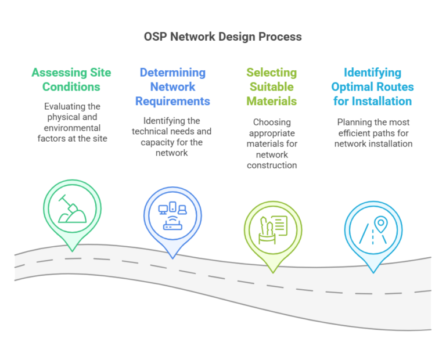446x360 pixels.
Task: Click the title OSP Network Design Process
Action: (x=223, y=37)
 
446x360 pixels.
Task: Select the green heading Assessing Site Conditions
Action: (x=71, y=80)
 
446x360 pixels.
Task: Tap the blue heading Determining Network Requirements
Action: (x=172, y=87)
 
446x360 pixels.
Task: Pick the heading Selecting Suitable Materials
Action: (x=271, y=87)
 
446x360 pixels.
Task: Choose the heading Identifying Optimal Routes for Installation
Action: (x=372, y=87)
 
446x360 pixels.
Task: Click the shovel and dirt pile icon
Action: (x=71, y=208)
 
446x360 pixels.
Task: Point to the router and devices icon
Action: (x=172, y=216)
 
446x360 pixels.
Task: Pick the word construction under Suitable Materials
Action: (x=272, y=165)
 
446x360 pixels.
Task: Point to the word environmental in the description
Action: (x=72, y=128)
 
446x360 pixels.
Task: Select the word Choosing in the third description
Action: (x=272, y=123)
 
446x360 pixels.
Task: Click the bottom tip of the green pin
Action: (x=71, y=251)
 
